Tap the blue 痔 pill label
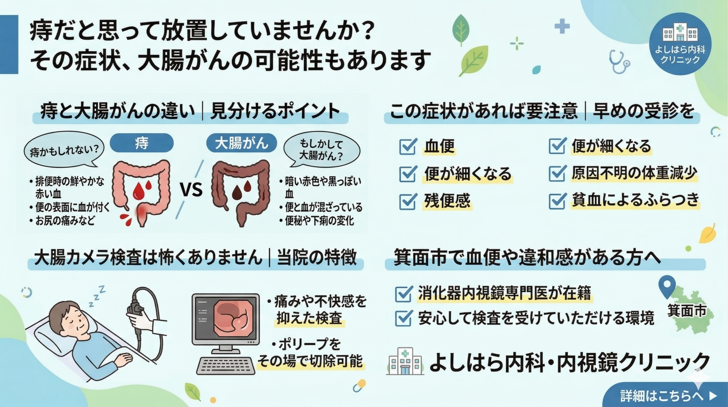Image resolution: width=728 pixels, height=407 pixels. coord(142,143)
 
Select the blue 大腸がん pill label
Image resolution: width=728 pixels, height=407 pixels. coord(241,143)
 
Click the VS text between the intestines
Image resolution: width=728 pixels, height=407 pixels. coord(192,190)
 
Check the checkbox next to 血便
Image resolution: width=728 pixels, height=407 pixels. coord(408,147)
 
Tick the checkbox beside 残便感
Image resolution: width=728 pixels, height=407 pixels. coord(408,202)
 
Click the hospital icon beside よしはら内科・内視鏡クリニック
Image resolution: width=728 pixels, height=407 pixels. coord(405,361)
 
